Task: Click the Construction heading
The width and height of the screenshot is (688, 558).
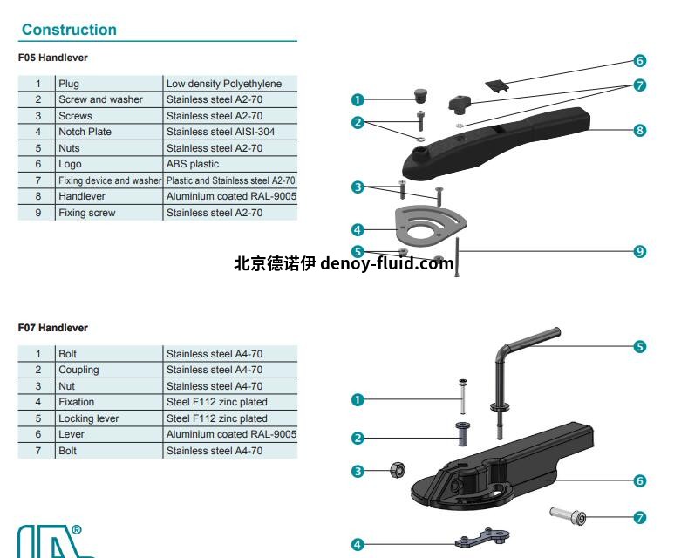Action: [x=69, y=30]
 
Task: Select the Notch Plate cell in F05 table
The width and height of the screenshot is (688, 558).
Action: [x=85, y=132]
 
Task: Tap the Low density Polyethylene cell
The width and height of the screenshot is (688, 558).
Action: [x=224, y=84]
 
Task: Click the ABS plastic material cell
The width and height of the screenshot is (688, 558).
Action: [x=193, y=164]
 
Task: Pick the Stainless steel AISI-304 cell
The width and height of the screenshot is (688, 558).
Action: [x=214, y=132]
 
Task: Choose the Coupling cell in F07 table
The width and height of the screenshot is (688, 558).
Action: [x=78, y=370]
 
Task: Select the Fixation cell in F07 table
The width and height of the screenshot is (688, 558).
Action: [x=76, y=402]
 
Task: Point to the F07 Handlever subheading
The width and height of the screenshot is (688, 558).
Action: [x=53, y=328]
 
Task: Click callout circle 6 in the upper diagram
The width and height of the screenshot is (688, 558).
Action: [x=639, y=61]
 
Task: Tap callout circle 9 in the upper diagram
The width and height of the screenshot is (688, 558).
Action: [x=639, y=251]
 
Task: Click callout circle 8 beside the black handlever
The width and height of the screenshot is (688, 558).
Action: [x=639, y=130]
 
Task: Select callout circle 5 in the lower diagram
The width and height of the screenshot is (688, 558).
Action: [x=639, y=346]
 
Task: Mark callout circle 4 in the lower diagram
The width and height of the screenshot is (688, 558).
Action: [x=357, y=544]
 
